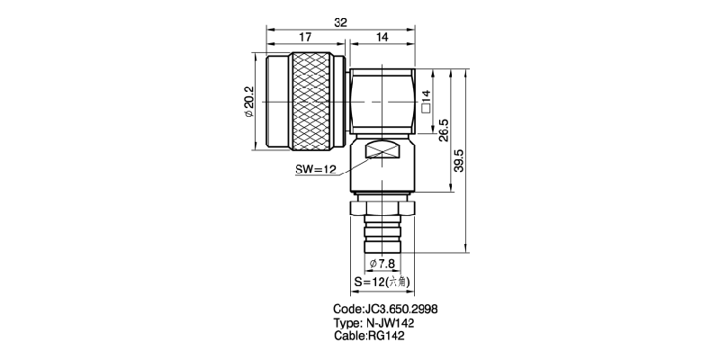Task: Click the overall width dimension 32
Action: pyautogui.click(x=341, y=23)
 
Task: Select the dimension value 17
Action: pyautogui.click(x=305, y=38)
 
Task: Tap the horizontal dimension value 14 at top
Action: pyautogui.click(x=382, y=38)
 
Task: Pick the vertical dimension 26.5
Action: pyautogui.click(x=444, y=131)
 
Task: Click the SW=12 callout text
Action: pyautogui.click(x=315, y=169)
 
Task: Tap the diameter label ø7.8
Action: pyautogui.click(x=382, y=264)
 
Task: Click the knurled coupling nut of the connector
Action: pyautogui.click(x=312, y=103)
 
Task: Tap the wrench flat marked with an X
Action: pyautogui.click(x=382, y=151)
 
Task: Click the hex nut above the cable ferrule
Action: pyautogui.click(x=382, y=209)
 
